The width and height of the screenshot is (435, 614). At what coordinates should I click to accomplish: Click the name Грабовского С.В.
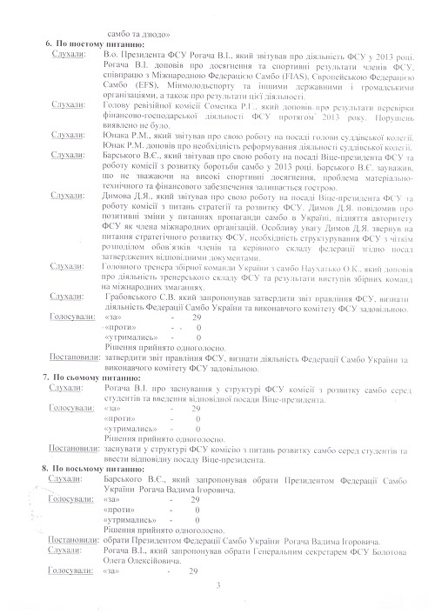133,297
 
